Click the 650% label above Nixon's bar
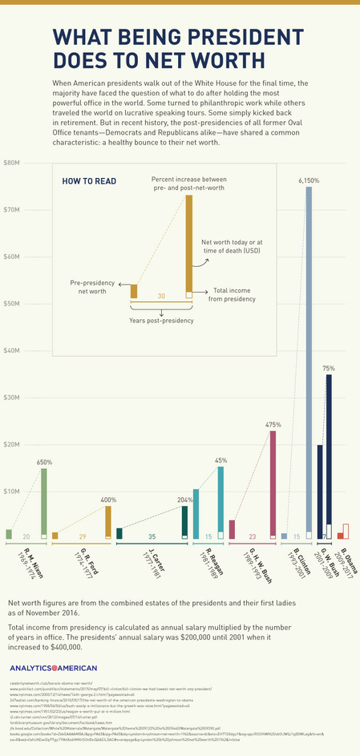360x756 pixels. [44, 463]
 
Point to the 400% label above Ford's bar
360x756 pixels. [108, 499]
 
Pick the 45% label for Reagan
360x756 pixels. [220, 460]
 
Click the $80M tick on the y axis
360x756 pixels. [12, 163]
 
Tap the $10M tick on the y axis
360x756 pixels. [12, 491]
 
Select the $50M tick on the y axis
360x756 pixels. [12, 304]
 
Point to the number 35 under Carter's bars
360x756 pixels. [152, 536]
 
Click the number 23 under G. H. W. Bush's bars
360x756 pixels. [252, 536]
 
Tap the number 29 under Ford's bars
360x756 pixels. [82, 536]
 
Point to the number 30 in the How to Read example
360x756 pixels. [161, 296]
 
